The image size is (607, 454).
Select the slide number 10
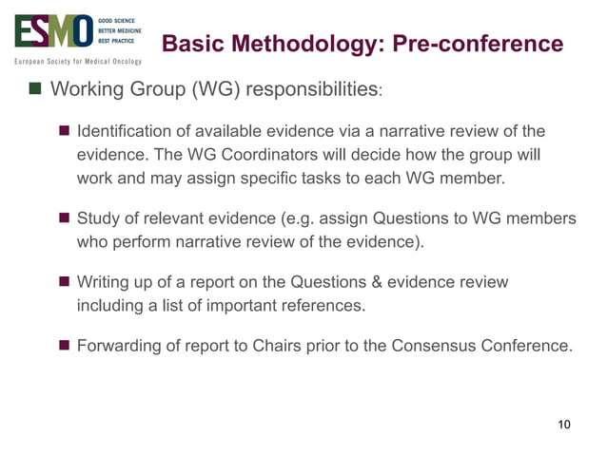563,424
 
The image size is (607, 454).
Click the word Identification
121,130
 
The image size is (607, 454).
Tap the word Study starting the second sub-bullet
98,219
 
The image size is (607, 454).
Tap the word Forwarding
118,345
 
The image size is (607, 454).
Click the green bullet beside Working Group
35,91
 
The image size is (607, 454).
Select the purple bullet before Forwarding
65,345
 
